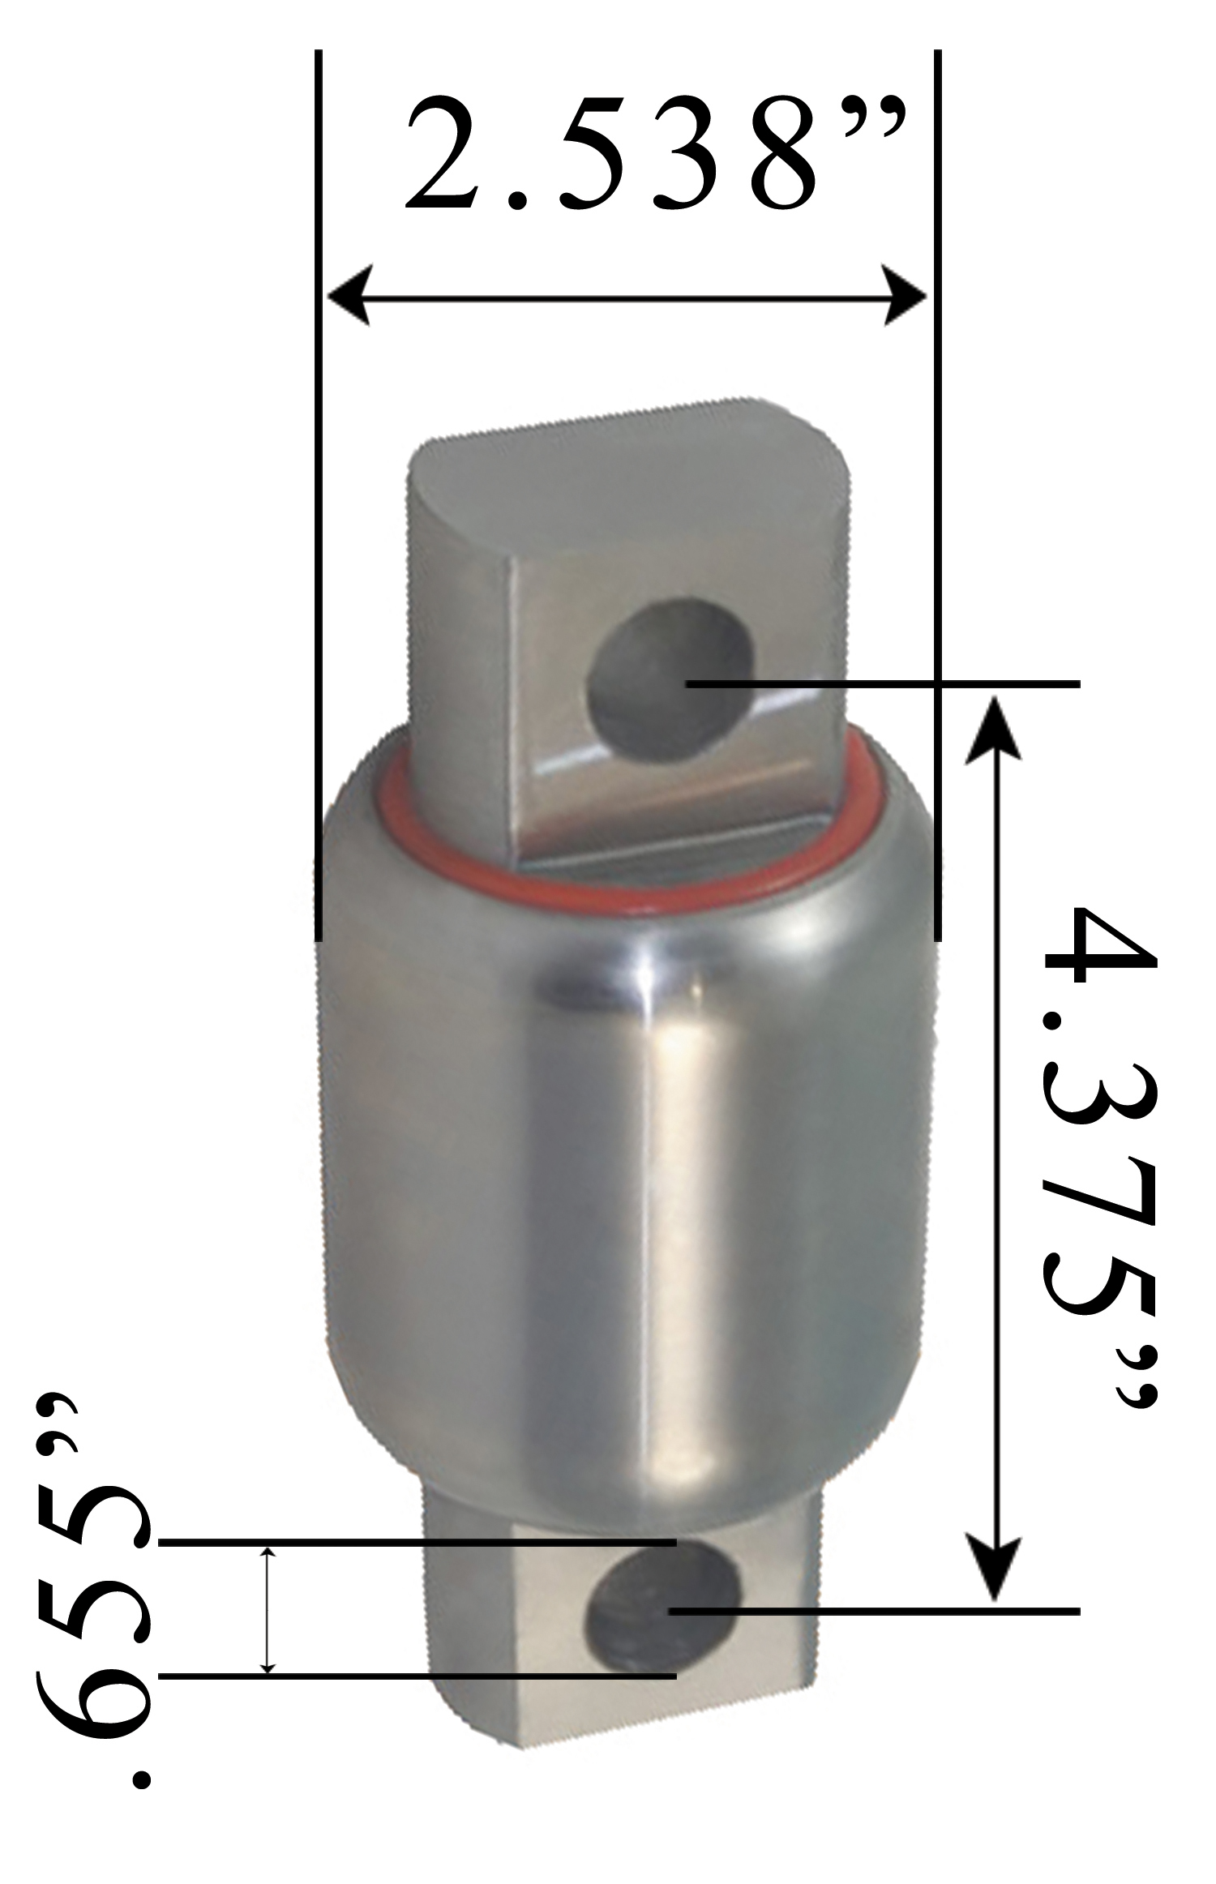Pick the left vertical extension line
coord(319,503)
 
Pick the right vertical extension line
coord(938,503)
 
